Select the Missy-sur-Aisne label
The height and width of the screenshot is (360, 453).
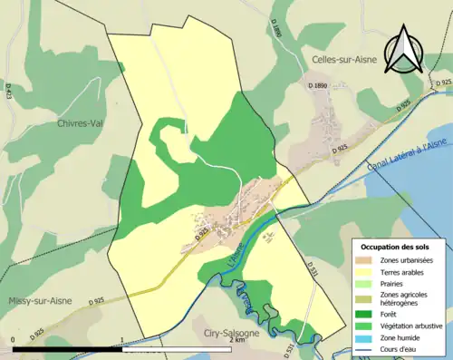click(41, 301)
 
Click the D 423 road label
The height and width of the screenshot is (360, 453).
click(8, 91)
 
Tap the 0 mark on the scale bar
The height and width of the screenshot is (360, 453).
click(13, 340)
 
